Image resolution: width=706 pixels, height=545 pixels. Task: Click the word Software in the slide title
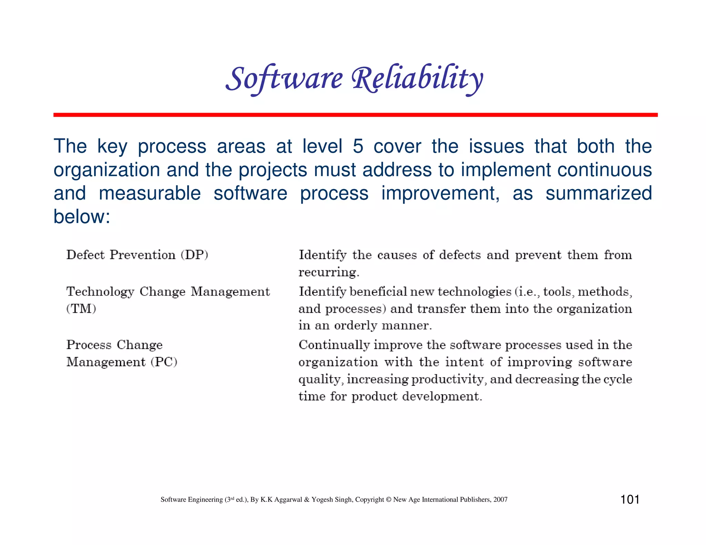coord(284,79)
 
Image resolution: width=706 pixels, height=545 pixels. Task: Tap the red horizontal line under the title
coord(355,115)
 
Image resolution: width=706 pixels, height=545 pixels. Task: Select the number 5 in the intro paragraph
coord(358,146)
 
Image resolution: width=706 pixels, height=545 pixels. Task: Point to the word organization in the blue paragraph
coord(107,170)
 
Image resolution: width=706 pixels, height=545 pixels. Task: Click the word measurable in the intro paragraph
coord(150,193)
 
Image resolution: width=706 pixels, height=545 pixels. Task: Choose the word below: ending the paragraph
coord(82,216)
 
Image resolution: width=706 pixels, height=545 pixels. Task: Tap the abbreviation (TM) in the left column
coord(81,308)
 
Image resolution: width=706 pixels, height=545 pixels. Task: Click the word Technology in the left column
coord(100,292)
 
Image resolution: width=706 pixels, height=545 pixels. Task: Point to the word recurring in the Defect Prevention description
coord(329,272)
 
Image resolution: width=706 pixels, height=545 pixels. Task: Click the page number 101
coord(630,499)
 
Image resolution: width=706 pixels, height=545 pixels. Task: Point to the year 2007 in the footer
coord(500,500)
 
